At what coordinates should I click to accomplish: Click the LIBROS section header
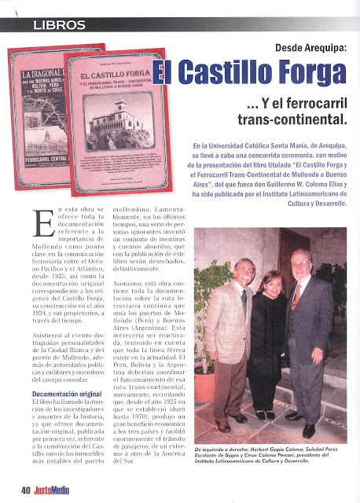[x=60, y=24]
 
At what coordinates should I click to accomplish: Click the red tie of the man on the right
[x=296, y=296]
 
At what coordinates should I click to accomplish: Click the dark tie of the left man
[x=244, y=300]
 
